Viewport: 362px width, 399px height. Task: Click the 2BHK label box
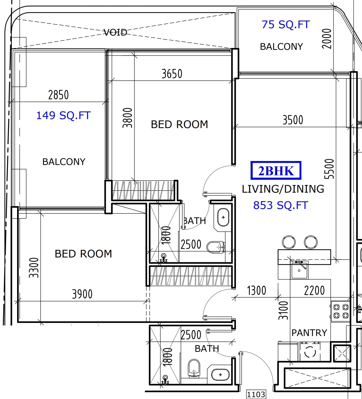[x=276, y=170]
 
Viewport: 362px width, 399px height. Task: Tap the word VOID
[x=115, y=32]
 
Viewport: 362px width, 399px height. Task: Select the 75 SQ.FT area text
[x=286, y=25]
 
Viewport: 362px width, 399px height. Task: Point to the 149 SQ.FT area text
[x=63, y=115]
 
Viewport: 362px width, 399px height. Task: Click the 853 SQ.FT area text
[x=281, y=205]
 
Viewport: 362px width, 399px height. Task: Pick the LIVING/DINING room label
[x=283, y=189]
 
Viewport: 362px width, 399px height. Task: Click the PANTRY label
[x=309, y=333]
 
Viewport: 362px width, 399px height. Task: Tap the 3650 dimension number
[x=172, y=74]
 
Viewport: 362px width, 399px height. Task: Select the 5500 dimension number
[x=329, y=169]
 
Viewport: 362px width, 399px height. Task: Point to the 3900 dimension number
[x=82, y=294]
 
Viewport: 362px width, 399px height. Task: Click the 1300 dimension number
[x=257, y=290]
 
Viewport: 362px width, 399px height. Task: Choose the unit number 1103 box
[x=256, y=394]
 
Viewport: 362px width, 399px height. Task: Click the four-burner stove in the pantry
[x=341, y=311]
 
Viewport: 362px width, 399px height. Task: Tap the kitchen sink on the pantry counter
[x=299, y=270]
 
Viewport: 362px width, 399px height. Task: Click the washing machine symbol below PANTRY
[x=310, y=352]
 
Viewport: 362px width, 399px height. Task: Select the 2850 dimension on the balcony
[x=58, y=95]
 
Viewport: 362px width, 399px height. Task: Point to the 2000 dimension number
[x=327, y=38]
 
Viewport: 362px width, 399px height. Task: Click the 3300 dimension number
[x=34, y=267]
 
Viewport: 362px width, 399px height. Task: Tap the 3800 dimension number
[x=127, y=118]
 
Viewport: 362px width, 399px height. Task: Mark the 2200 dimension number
[x=315, y=290]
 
